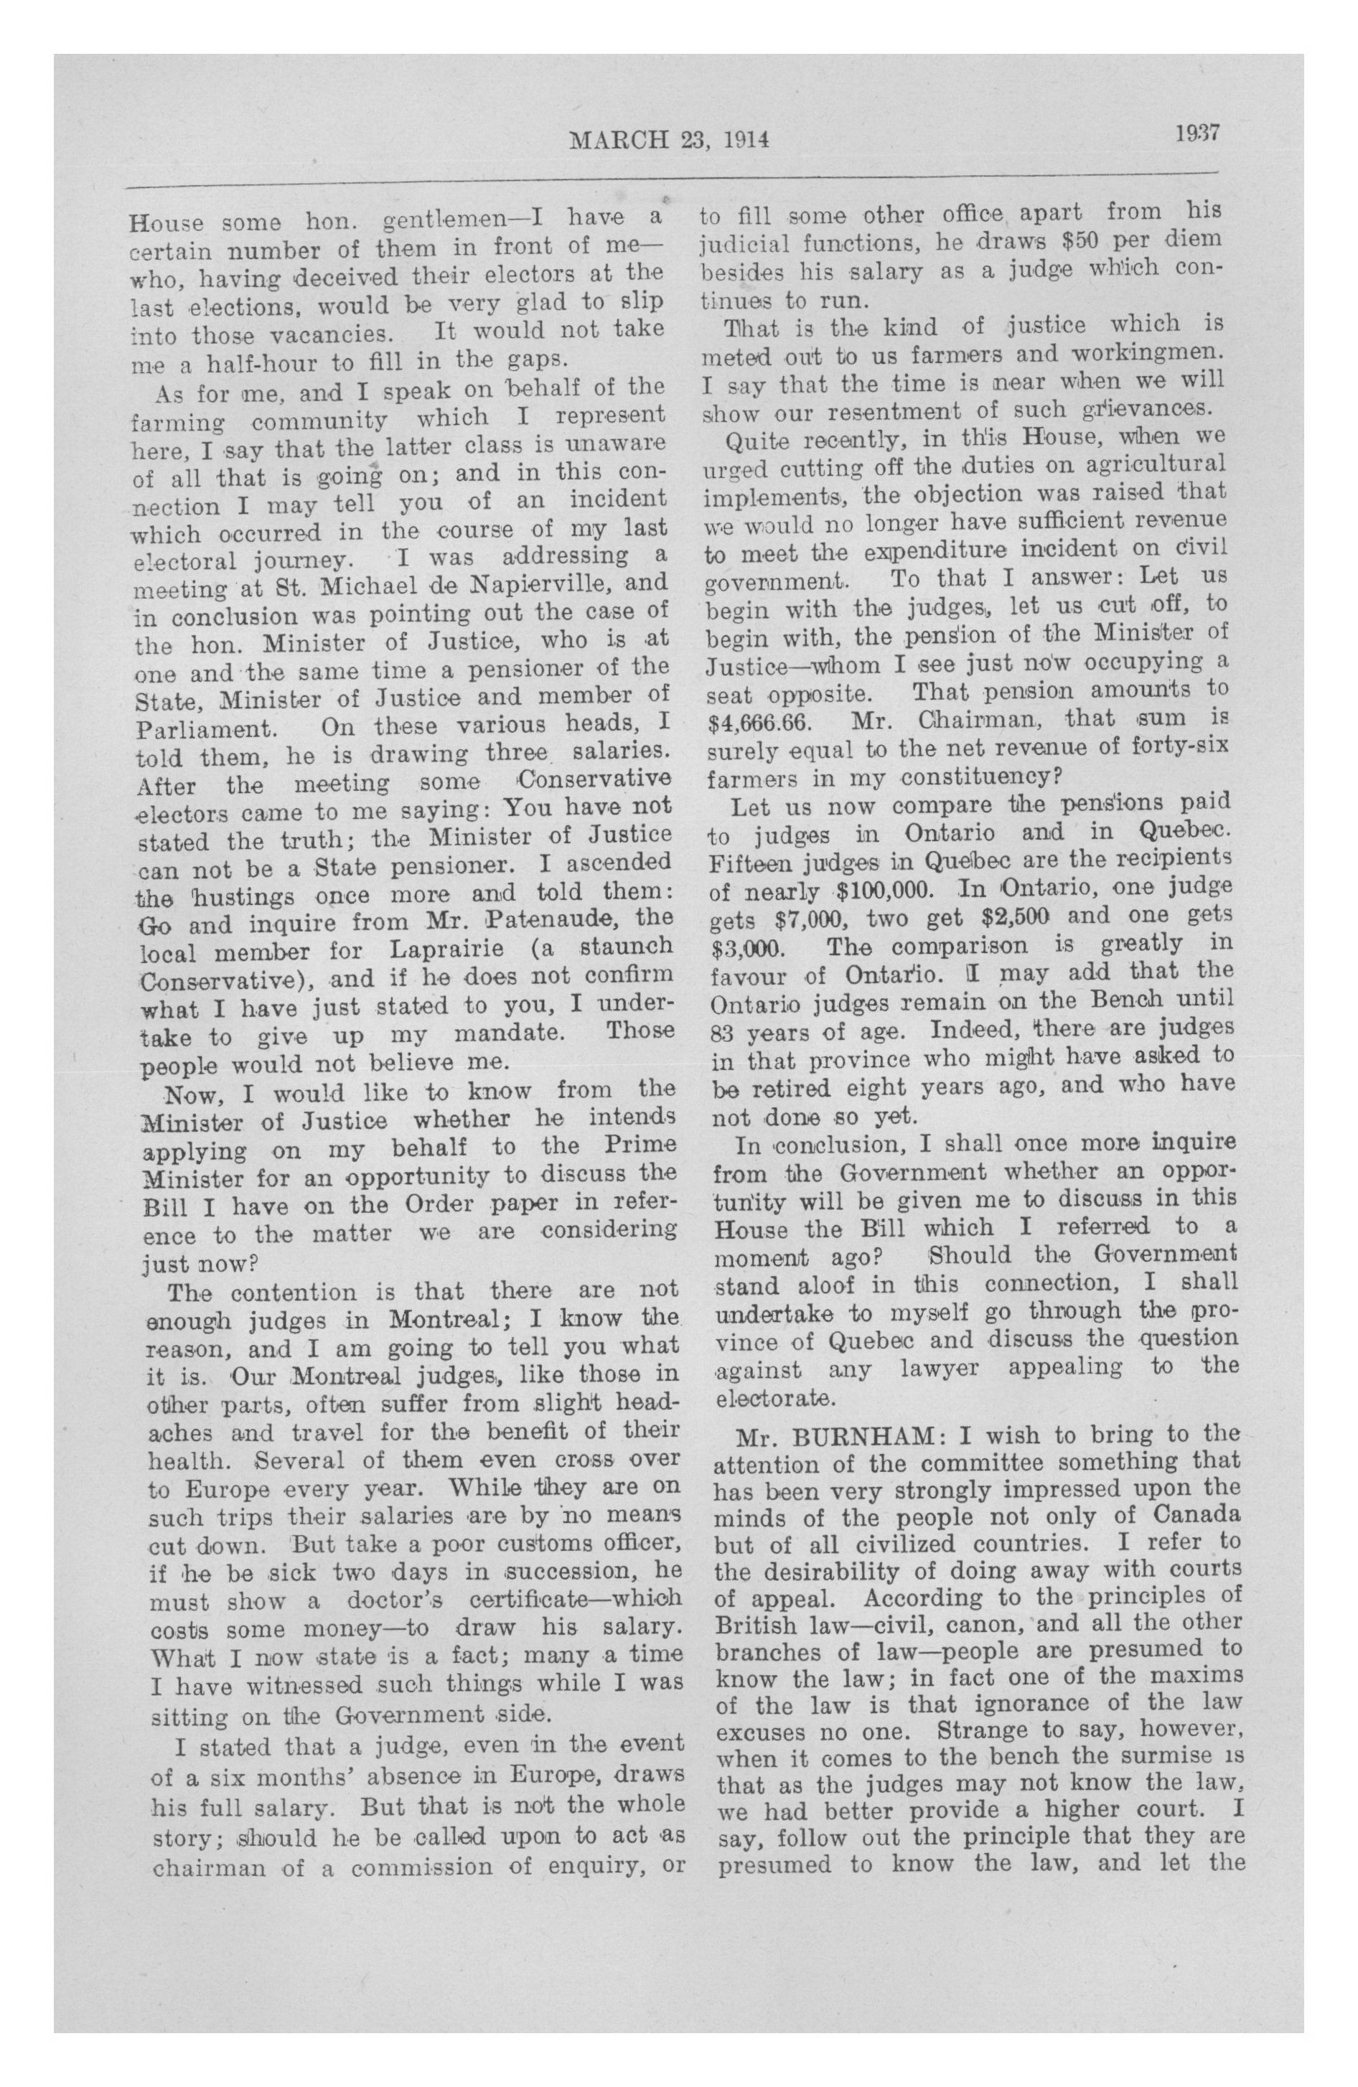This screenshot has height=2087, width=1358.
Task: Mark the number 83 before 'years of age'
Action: (x=724, y=1032)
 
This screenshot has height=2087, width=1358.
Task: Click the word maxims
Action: (x=1199, y=1675)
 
